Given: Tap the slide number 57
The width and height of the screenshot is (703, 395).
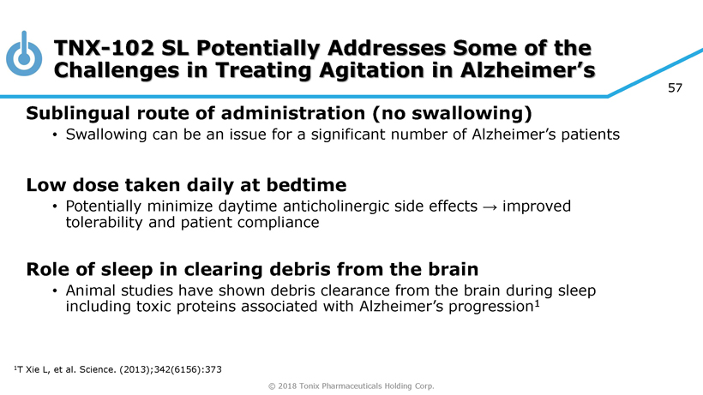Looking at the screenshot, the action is (x=675, y=87).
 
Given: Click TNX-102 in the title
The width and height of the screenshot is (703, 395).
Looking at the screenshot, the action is (x=104, y=48).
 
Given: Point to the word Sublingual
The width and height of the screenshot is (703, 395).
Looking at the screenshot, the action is (x=78, y=113).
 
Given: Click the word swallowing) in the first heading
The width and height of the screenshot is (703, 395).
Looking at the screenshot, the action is (x=472, y=113).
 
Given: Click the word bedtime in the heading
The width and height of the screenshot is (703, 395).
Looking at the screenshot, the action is (x=306, y=185).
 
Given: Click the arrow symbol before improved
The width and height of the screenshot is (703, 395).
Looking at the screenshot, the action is (x=490, y=206).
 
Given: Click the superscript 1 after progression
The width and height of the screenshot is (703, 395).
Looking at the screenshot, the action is (x=537, y=303).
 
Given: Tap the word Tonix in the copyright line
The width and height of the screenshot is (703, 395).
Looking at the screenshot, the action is (x=309, y=386).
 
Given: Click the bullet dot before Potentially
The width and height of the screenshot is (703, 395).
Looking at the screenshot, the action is (x=55, y=206).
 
